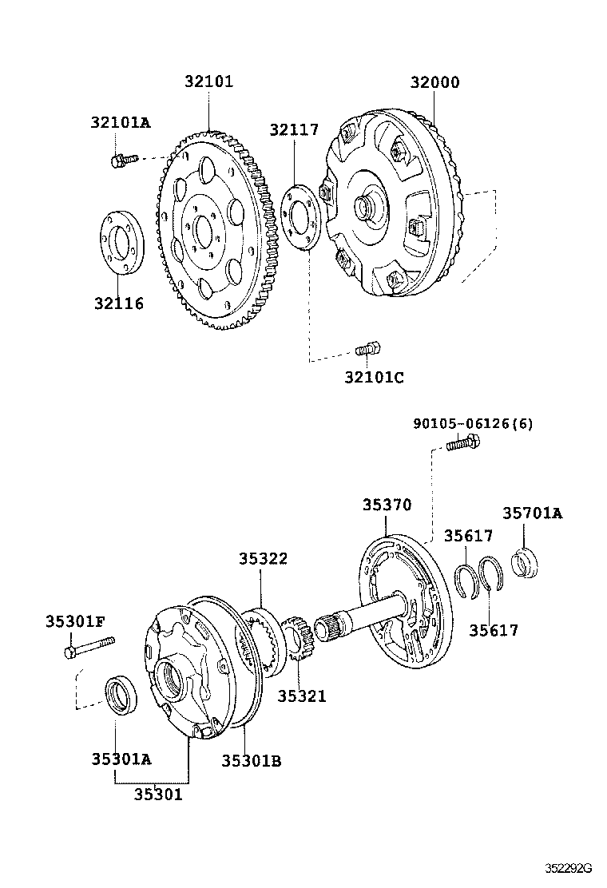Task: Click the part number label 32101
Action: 209,81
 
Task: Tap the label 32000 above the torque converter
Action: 435,81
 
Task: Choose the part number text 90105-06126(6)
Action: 473,423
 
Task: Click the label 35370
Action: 387,505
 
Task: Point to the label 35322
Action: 263,559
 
